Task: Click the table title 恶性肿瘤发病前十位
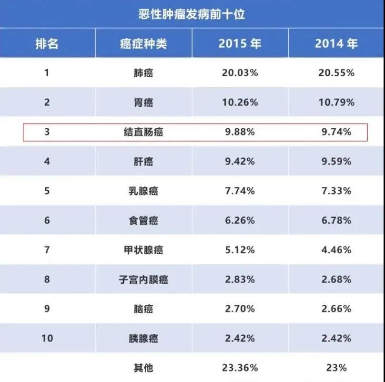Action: (x=192, y=14)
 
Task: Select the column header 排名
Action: (x=47, y=43)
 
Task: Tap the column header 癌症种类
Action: (x=143, y=43)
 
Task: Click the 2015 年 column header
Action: (x=240, y=43)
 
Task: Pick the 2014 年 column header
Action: (x=336, y=43)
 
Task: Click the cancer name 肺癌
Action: (x=143, y=73)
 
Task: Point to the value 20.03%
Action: (x=240, y=73)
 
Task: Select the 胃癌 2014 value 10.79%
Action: (x=336, y=103)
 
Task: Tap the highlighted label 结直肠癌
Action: (x=143, y=132)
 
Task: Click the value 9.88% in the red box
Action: (x=240, y=132)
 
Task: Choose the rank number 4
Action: (x=47, y=162)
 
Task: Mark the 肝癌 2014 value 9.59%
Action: (x=336, y=162)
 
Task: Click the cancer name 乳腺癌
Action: (x=143, y=191)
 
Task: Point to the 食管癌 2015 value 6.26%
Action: (x=240, y=220)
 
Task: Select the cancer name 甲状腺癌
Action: (x=143, y=250)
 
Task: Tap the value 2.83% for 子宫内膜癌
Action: (x=240, y=279)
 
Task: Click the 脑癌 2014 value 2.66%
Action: (x=336, y=309)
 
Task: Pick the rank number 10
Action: (x=47, y=339)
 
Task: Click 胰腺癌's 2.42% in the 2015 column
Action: (x=240, y=339)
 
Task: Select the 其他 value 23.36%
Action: (x=240, y=368)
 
